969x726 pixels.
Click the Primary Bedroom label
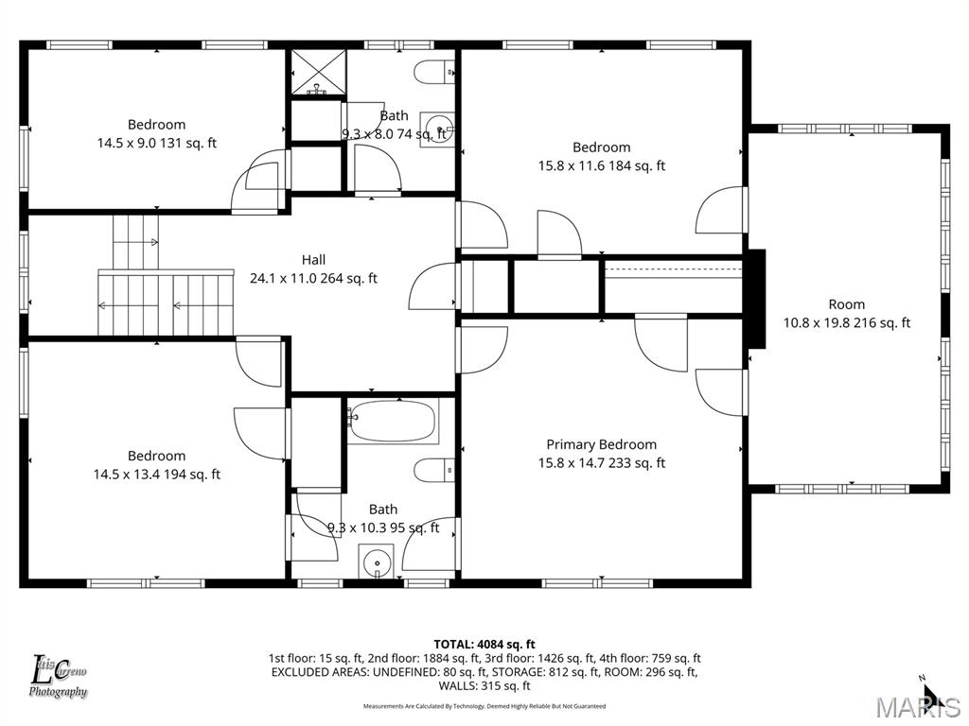tap(601, 444)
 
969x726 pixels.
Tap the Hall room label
tap(313, 259)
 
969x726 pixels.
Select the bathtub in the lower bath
tap(393, 422)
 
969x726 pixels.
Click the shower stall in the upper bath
tap(318, 74)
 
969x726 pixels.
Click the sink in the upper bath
tap(437, 127)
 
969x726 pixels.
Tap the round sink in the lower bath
tap(377, 562)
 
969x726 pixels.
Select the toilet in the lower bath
tap(436, 470)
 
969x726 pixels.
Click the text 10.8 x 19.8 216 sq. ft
tap(847, 322)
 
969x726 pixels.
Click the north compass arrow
tap(926, 695)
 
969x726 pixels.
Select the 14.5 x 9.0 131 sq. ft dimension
tap(156, 143)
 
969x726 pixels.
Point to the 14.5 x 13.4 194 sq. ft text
tap(156, 475)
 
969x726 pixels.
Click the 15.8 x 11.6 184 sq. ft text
tap(601, 165)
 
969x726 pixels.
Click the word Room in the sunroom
tap(847, 304)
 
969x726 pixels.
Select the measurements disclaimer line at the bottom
tap(484, 706)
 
